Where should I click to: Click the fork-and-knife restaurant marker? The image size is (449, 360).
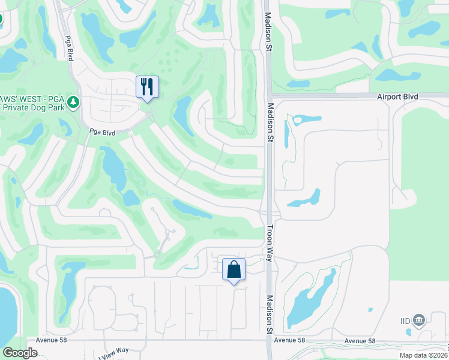pos(147,87)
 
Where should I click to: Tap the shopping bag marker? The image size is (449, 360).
pos(234,269)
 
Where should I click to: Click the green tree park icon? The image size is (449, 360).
pos(74,102)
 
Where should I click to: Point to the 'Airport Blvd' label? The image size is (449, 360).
pos(397,97)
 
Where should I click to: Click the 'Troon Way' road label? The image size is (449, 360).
pos(270,243)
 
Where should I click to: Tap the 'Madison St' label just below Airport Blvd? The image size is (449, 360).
pos(270,122)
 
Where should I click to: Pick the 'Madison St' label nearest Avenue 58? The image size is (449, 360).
pos(270,314)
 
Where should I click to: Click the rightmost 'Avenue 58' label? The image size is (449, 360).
pos(360,341)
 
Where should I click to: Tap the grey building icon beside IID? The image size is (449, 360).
pos(419,320)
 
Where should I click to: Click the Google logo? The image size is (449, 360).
pos(20,353)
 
